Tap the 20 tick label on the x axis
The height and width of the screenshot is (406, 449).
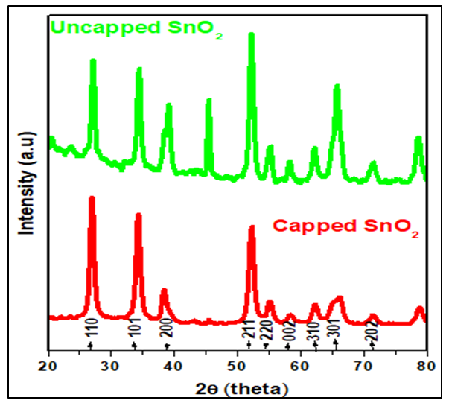point(48,366)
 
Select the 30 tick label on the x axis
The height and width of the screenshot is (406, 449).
point(111,366)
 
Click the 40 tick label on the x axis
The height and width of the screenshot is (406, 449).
point(174,366)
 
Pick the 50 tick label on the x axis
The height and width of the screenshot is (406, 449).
point(237,366)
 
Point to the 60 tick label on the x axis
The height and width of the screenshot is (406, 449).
point(300,366)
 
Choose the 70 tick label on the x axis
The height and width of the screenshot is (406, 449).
point(363,366)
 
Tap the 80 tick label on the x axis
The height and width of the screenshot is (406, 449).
point(426,366)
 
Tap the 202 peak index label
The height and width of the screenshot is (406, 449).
point(372,329)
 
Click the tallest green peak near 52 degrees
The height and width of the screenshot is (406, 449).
point(251,35)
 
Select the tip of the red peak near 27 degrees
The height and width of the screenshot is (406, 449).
point(92,198)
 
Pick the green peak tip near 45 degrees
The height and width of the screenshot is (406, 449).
point(208,101)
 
